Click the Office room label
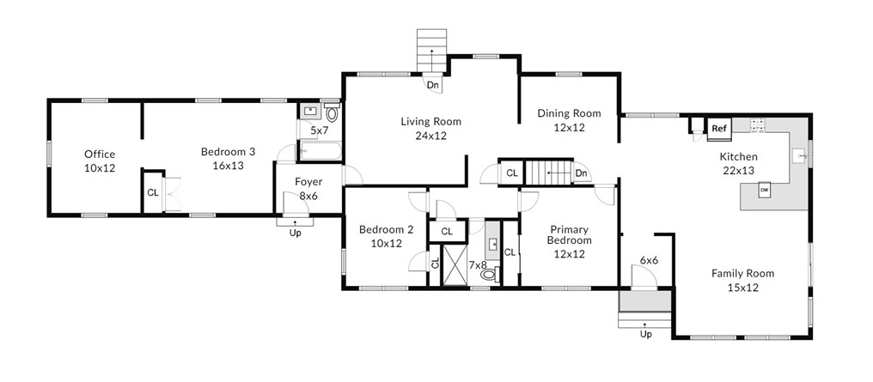(100, 154)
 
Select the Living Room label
(431, 121)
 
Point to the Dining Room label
(569, 113)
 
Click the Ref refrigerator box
(719, 129)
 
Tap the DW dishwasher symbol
(765, 191)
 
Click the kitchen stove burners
(756, 125)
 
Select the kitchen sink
(801, 157)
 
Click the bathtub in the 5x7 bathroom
(321, 151)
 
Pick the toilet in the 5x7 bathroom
(332, 112)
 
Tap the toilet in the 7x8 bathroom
(490, 273)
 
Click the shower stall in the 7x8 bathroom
(455, 264)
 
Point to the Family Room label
(742, 274)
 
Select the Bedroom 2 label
(387, 229)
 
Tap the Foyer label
(308, 182)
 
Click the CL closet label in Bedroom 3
(153, 192)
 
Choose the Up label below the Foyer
(295, 233)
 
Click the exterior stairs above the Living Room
(432, 51)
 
